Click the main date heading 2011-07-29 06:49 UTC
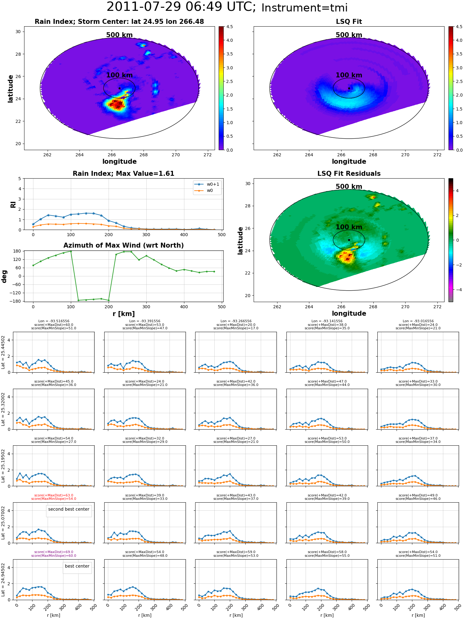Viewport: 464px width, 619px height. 181,7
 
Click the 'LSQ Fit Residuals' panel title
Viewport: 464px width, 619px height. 349,174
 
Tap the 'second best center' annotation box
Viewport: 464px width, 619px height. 69,509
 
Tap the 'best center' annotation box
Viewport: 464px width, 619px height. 77,566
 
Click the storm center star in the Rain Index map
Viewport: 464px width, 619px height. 119,88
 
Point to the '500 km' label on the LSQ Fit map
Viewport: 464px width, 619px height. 349,35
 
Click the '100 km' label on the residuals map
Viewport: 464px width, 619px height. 349,227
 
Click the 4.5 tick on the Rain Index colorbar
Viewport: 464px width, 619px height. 230,27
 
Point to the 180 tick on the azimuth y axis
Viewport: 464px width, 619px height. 17,251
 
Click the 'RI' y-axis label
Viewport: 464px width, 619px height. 13,204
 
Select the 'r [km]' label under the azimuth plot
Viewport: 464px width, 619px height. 123,314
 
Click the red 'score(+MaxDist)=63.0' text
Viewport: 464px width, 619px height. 54,495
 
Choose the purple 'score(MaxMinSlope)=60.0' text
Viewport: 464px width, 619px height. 54,556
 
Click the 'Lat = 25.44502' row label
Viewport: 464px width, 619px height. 3,352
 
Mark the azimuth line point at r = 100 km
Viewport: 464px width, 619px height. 71,251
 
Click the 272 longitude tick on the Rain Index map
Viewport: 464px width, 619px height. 208,155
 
